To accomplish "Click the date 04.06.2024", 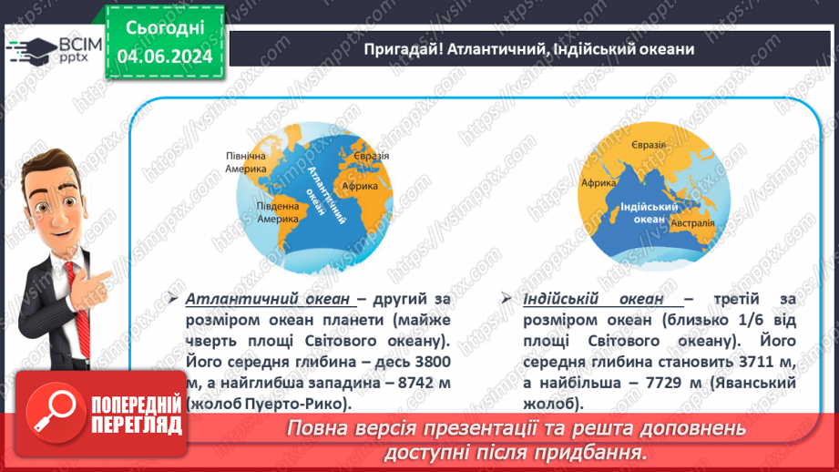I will click(x=164, y=56).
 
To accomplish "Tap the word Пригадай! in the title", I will click(x=397, y=49).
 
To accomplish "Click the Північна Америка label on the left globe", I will click(x=246, y=162).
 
